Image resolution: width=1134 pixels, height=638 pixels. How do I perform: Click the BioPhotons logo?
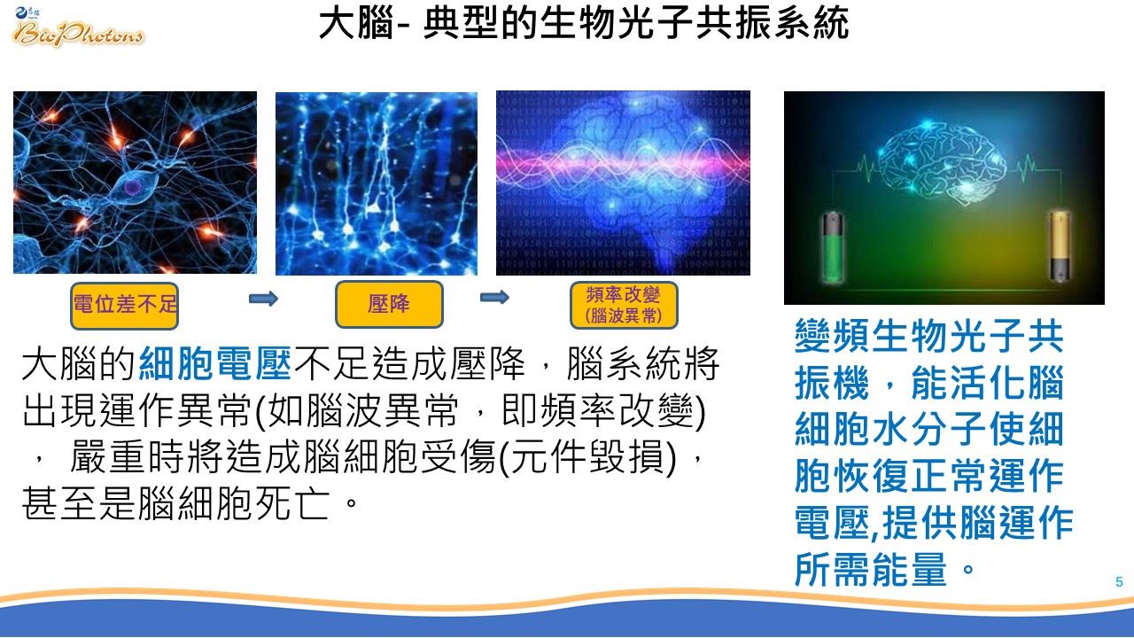[79, 27]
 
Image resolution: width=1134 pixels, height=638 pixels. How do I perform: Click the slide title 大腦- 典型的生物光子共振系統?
[584, 23]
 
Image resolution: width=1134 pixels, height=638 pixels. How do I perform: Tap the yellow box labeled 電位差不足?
[125, 306]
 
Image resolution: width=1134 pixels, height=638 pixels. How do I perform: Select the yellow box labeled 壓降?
[389, 304]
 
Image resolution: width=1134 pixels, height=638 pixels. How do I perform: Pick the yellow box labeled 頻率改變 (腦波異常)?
[624, 306]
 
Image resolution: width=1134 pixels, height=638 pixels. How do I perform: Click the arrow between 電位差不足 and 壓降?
[263, 299]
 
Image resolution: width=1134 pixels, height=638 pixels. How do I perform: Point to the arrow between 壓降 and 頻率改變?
[494, 297]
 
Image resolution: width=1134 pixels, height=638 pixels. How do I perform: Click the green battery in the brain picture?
[832, 246]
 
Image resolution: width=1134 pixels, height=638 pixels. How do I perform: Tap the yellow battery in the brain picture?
[1060, 245]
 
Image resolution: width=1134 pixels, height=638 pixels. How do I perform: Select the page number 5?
[1119, 582]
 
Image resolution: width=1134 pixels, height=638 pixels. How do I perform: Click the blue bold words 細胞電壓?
[215, 363]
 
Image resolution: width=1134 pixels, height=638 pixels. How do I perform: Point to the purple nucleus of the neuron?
[133, 188]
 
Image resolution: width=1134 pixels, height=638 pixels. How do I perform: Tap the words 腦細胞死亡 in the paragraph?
[234, 503]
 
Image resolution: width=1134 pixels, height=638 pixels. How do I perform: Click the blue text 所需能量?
[871, 570]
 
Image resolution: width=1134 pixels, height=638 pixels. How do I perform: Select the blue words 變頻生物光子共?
[929, 336]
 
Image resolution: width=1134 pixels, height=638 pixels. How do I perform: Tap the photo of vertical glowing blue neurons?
[377, 183]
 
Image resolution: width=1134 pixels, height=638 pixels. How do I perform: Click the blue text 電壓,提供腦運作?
[934, 523]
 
